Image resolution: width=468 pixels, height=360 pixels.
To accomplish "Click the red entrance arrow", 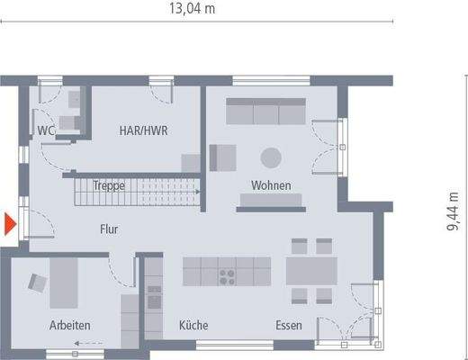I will (10, 224).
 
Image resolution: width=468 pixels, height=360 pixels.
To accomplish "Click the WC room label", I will (46, 131).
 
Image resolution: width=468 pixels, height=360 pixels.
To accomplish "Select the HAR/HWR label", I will (144, 130).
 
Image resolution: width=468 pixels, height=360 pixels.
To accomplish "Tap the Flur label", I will (109, 229).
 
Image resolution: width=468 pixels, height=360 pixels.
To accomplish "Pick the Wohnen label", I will (270, 185).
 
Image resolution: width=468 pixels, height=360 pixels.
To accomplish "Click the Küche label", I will (193, 325).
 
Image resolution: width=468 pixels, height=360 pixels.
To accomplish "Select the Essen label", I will (289, 325).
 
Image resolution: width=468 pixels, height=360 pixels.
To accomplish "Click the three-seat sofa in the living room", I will (265, 113).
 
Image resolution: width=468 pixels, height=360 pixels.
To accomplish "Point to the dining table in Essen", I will (310, 271).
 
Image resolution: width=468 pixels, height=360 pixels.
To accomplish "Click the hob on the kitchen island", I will (225, 271).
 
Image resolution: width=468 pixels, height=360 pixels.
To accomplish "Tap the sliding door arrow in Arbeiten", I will (86, 343).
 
